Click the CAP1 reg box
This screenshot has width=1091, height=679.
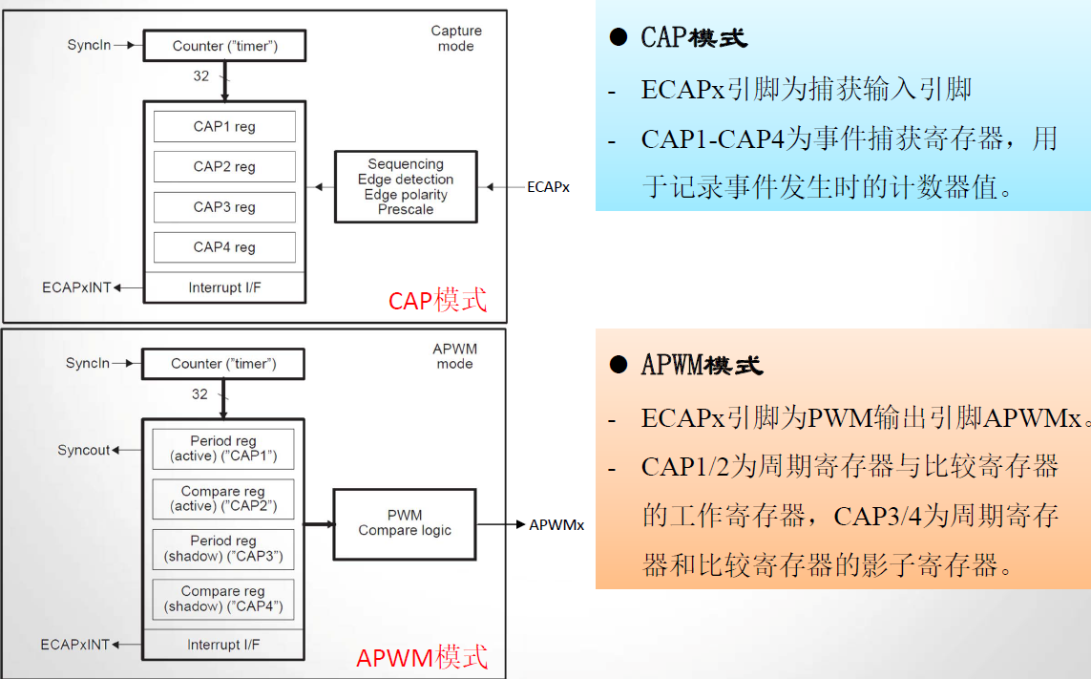[224, 127]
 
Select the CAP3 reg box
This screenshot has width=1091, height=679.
[224, 207]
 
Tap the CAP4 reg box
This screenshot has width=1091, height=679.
[224, 247]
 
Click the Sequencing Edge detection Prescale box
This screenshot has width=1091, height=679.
[406, 187]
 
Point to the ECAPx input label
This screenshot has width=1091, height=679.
[548, 187]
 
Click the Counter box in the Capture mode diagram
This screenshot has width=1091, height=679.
[224, 46]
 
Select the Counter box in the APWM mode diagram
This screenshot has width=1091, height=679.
[223, 364]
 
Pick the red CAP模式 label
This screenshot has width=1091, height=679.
[437, 300]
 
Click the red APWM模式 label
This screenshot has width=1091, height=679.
[422, 657]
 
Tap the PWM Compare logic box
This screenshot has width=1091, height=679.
[405, 523]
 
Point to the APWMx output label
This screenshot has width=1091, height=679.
[556, 524]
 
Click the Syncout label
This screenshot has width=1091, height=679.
[84, 450]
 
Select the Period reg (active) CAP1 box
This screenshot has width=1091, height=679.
[223, 449]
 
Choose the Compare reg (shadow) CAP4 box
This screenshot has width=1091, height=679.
[223, 599]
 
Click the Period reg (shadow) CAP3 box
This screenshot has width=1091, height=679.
[223, 549]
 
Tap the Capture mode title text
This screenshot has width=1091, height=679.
[456, 38]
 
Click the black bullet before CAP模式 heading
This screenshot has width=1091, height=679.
[619, 37]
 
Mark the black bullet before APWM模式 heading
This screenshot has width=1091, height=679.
[619, 365]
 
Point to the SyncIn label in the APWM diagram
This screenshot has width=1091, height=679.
[88, 364]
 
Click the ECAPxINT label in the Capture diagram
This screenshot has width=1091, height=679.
[76, 287]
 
